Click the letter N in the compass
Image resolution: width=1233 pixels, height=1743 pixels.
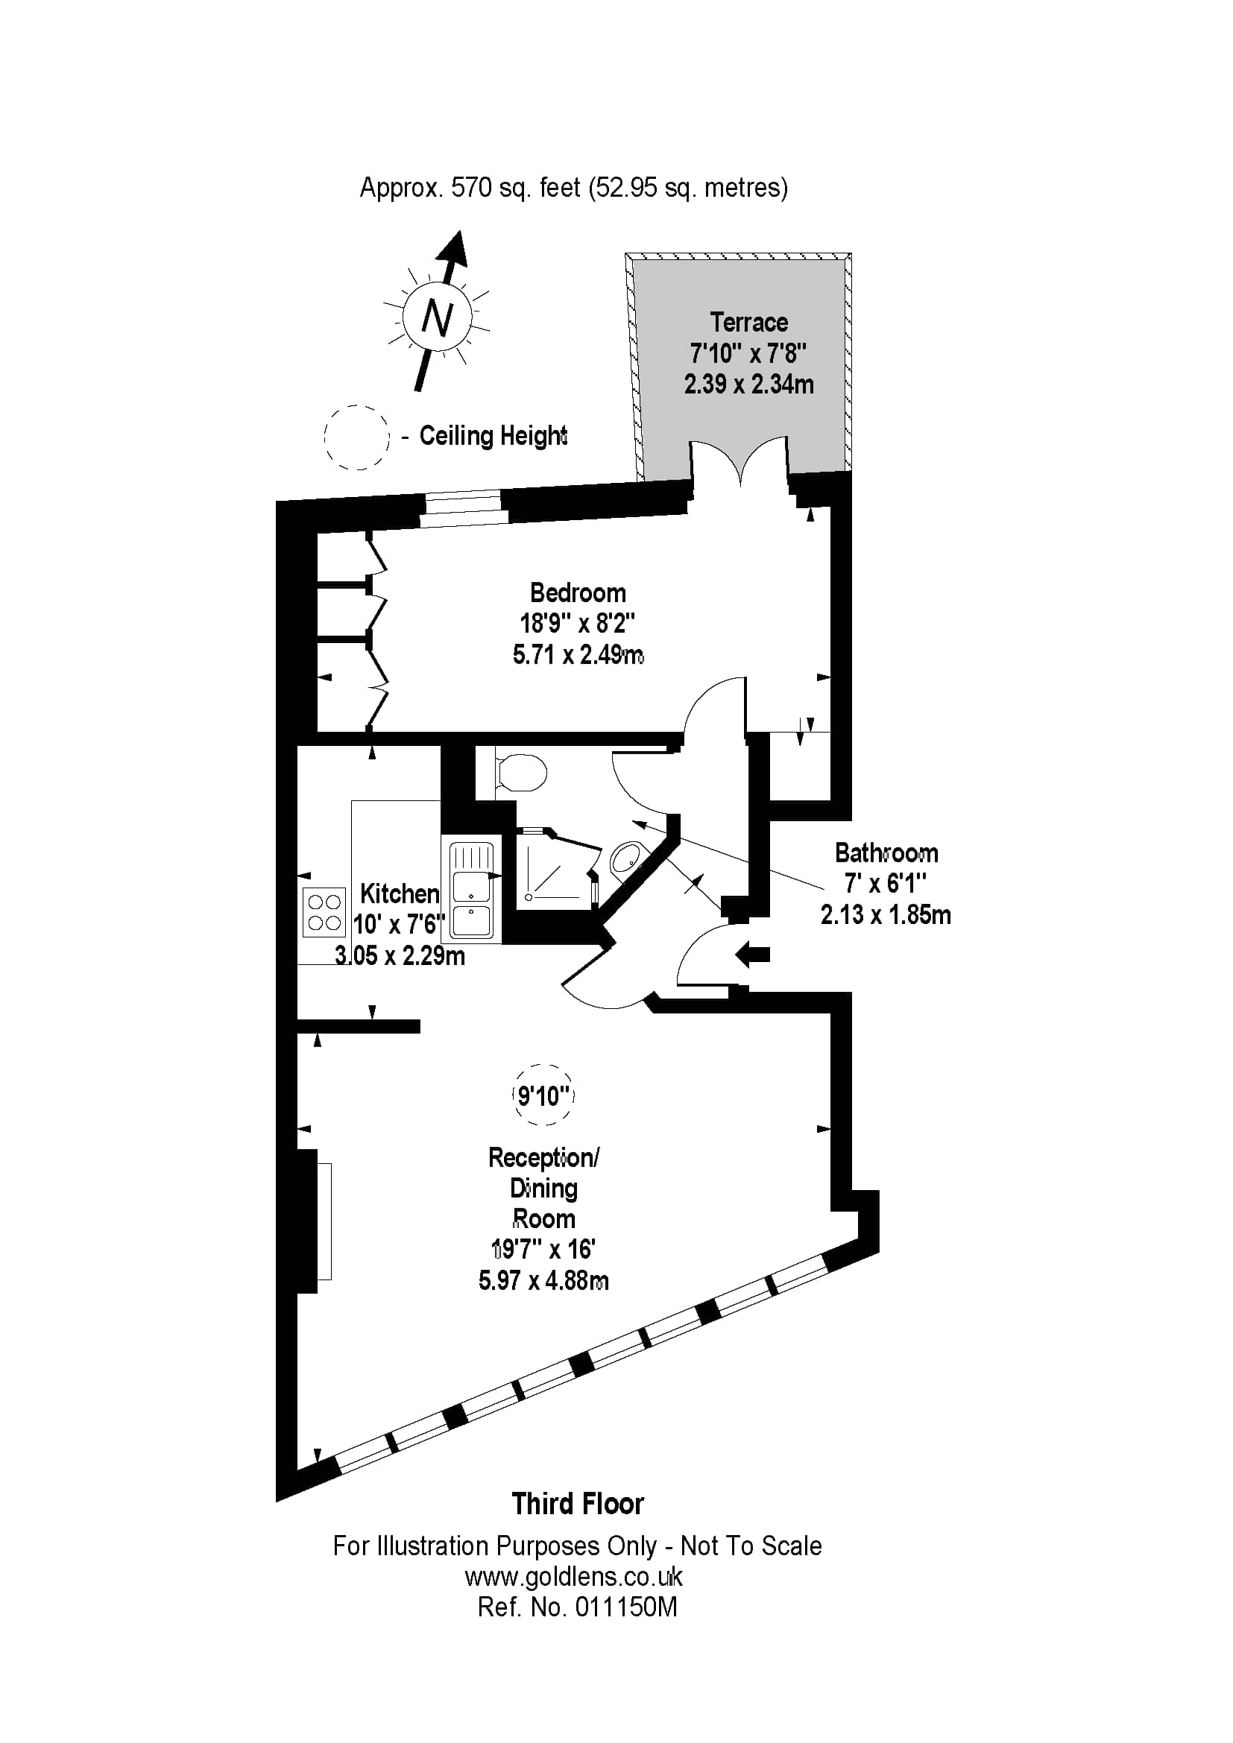(437, 319)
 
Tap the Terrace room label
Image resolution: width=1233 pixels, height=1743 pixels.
(748, 323)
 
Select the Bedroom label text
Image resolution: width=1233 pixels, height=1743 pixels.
(578, 593)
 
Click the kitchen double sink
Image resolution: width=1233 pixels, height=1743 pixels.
(471, 891)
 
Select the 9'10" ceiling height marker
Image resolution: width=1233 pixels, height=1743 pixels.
(543, 1095)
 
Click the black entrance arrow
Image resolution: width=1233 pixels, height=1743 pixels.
(752, 955)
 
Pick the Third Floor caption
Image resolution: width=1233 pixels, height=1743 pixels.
(578, 1504)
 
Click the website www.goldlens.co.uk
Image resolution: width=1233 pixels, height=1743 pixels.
(574, 1577)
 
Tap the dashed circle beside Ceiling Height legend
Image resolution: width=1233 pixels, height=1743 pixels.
(357, 437)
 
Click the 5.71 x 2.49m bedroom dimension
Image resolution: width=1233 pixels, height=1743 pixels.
(578, 654)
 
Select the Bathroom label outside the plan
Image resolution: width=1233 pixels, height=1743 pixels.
(886, 853)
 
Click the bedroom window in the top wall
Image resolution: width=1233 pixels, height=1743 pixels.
(463, 508)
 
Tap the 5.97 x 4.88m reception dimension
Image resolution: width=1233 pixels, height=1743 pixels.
(543, 1281)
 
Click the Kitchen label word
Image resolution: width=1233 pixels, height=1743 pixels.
(400, 893)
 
